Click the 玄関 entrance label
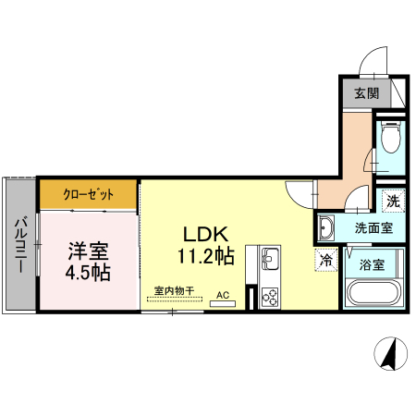click(366, 93)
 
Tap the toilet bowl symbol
click(390, 137)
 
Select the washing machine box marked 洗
click(393, 202)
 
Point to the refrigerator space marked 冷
click(325, 260)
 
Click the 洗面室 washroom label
click(373, 228)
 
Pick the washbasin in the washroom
click(325, 228)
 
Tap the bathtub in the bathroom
click(373, 292)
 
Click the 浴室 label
click(372, 264)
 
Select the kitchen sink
click(270, 257)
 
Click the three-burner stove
click(270, 298)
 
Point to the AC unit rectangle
click(223, 304)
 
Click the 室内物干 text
click(175, 290)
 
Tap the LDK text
click(206, 234)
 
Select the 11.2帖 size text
click(206, 255)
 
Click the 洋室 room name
click(88, 251)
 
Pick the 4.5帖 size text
click(88, 272)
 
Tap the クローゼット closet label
click(89, 194)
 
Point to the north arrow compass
click(391, 353)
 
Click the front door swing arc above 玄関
click(368, 55)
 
